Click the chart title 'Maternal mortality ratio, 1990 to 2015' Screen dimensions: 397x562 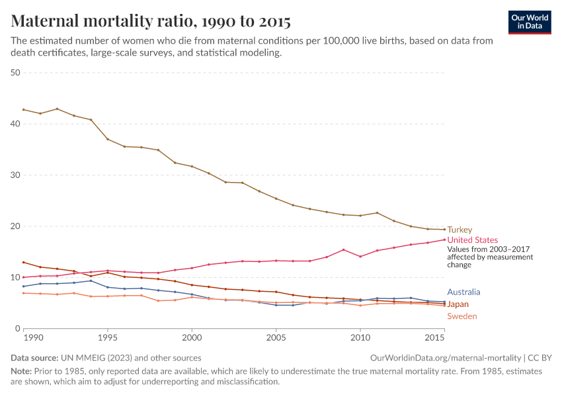tap(151, 21)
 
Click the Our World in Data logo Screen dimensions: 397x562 tap(529, 21)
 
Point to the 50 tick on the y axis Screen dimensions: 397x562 tap(16, 73)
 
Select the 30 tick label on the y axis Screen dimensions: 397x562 tap(16, 175)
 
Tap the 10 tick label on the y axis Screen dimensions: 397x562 tap(16, 277)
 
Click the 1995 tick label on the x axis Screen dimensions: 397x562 tap(108, 337)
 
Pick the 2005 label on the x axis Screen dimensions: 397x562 tap(276, 337)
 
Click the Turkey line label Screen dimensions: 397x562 tap(460, 230)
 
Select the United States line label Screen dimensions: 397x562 tap(473, 240)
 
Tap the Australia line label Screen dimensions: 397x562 tap(463, 292)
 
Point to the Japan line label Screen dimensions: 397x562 tap(458, 304)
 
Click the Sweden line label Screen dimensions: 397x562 tap(462, 316)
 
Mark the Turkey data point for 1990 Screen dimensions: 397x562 tap(24, 110)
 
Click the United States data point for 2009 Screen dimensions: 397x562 tap(343, 249)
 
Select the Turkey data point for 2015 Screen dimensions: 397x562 tap(444, 230)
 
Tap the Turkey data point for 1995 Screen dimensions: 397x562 tap(108, 139)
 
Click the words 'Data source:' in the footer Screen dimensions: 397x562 tap(34, 358)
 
